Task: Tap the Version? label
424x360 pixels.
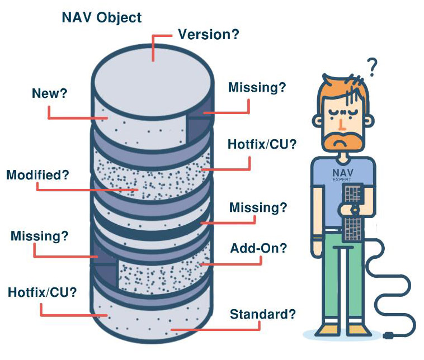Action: tap(209, 35)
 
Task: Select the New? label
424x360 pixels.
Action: tap(49, 93)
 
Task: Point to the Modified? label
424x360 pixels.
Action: tap(37, 175)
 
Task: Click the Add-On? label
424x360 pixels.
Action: tap(258, 248)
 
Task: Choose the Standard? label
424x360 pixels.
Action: tap(262, 314)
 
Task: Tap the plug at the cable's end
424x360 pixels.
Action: tap(389, 335)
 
